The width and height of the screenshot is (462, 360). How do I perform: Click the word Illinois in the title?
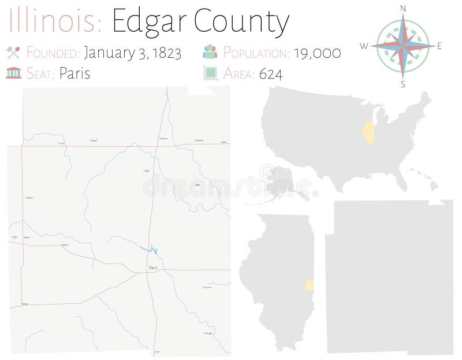coord(55,21)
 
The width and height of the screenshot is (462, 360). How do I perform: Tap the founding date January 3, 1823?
coord(132,53)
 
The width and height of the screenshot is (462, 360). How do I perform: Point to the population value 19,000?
coord(317,53)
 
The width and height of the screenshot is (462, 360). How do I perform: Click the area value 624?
coord(271,74)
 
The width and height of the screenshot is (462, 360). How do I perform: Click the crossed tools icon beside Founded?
coord(13,53)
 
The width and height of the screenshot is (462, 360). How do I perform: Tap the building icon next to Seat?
coord(13,73)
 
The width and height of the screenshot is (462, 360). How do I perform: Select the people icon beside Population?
coord(210,53)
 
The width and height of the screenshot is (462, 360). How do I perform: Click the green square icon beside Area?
coord(210,73)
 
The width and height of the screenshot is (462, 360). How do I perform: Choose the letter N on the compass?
coord(403,8)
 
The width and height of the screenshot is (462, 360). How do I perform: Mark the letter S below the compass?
coord(403,84)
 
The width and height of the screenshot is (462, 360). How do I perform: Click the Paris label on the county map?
coord(152,268)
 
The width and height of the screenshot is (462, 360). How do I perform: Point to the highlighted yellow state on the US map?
coord(368,133)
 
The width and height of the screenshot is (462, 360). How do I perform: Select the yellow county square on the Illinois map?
coord(310,285)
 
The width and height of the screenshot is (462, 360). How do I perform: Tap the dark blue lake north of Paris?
coord(152,250)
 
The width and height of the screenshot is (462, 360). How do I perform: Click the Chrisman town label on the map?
coord(163,139)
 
